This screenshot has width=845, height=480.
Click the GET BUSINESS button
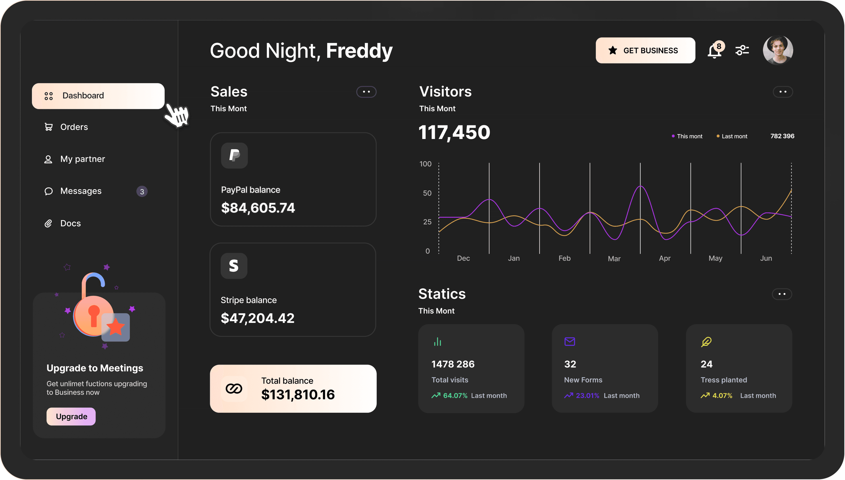(x=645, y=50)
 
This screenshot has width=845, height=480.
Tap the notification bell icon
(x=714, y=51)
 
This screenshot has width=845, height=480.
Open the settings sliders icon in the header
(x=742, y=50)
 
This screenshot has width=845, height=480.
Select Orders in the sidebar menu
(x=74, y=127)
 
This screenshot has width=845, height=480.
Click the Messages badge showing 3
(x=142, y=192)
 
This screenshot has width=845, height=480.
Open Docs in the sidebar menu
(x=70, y=224)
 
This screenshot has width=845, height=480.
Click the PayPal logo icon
(x=234, y=155)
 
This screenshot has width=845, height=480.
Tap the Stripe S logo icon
(x=234, y=266)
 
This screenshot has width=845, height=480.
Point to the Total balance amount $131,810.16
(x=298, y=395)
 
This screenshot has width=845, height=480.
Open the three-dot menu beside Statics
(x=782, y=294)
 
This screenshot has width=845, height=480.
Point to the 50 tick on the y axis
(x=427, y=193)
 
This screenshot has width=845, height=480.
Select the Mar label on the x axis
(x=614, y=259)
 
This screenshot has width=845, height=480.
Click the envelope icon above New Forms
(x=570, y=342)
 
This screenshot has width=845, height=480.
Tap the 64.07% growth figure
(x=455, y=396)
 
